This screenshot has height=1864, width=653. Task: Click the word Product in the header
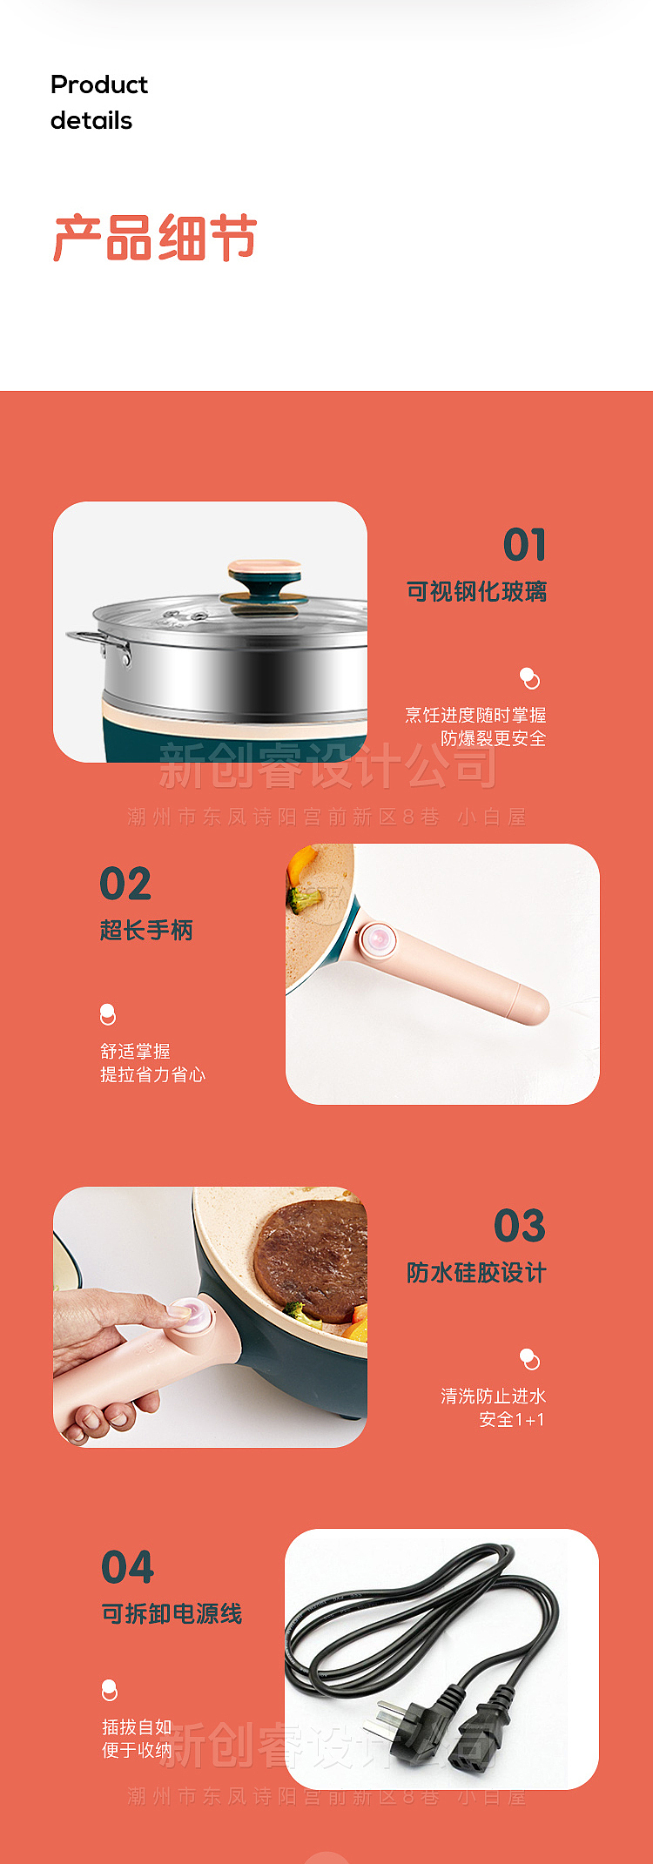tap(99, 84)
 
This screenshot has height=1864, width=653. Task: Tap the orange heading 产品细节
tap(155, 239)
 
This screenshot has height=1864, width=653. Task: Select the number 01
tap(524, 545)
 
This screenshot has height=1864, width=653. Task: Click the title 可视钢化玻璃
tap(476, 592)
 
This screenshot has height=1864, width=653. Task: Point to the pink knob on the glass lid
tap(264, 573)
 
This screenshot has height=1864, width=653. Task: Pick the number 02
tap(125, 885)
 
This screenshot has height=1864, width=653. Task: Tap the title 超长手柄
tap(146, 931)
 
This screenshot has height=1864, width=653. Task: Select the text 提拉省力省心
tap(153, 1075)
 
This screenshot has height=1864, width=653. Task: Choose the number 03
tap(519, 1226)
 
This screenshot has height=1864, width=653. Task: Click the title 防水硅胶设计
tap(476, 1273)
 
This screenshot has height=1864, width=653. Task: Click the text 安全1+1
tap(512, 1420)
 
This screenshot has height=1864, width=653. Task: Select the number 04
tap(127, 1567)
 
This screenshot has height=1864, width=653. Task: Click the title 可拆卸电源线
tap(172, 1614)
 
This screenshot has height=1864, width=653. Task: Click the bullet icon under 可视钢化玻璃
tap(529, 678)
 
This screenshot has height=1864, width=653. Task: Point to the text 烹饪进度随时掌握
tap(475, 716)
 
